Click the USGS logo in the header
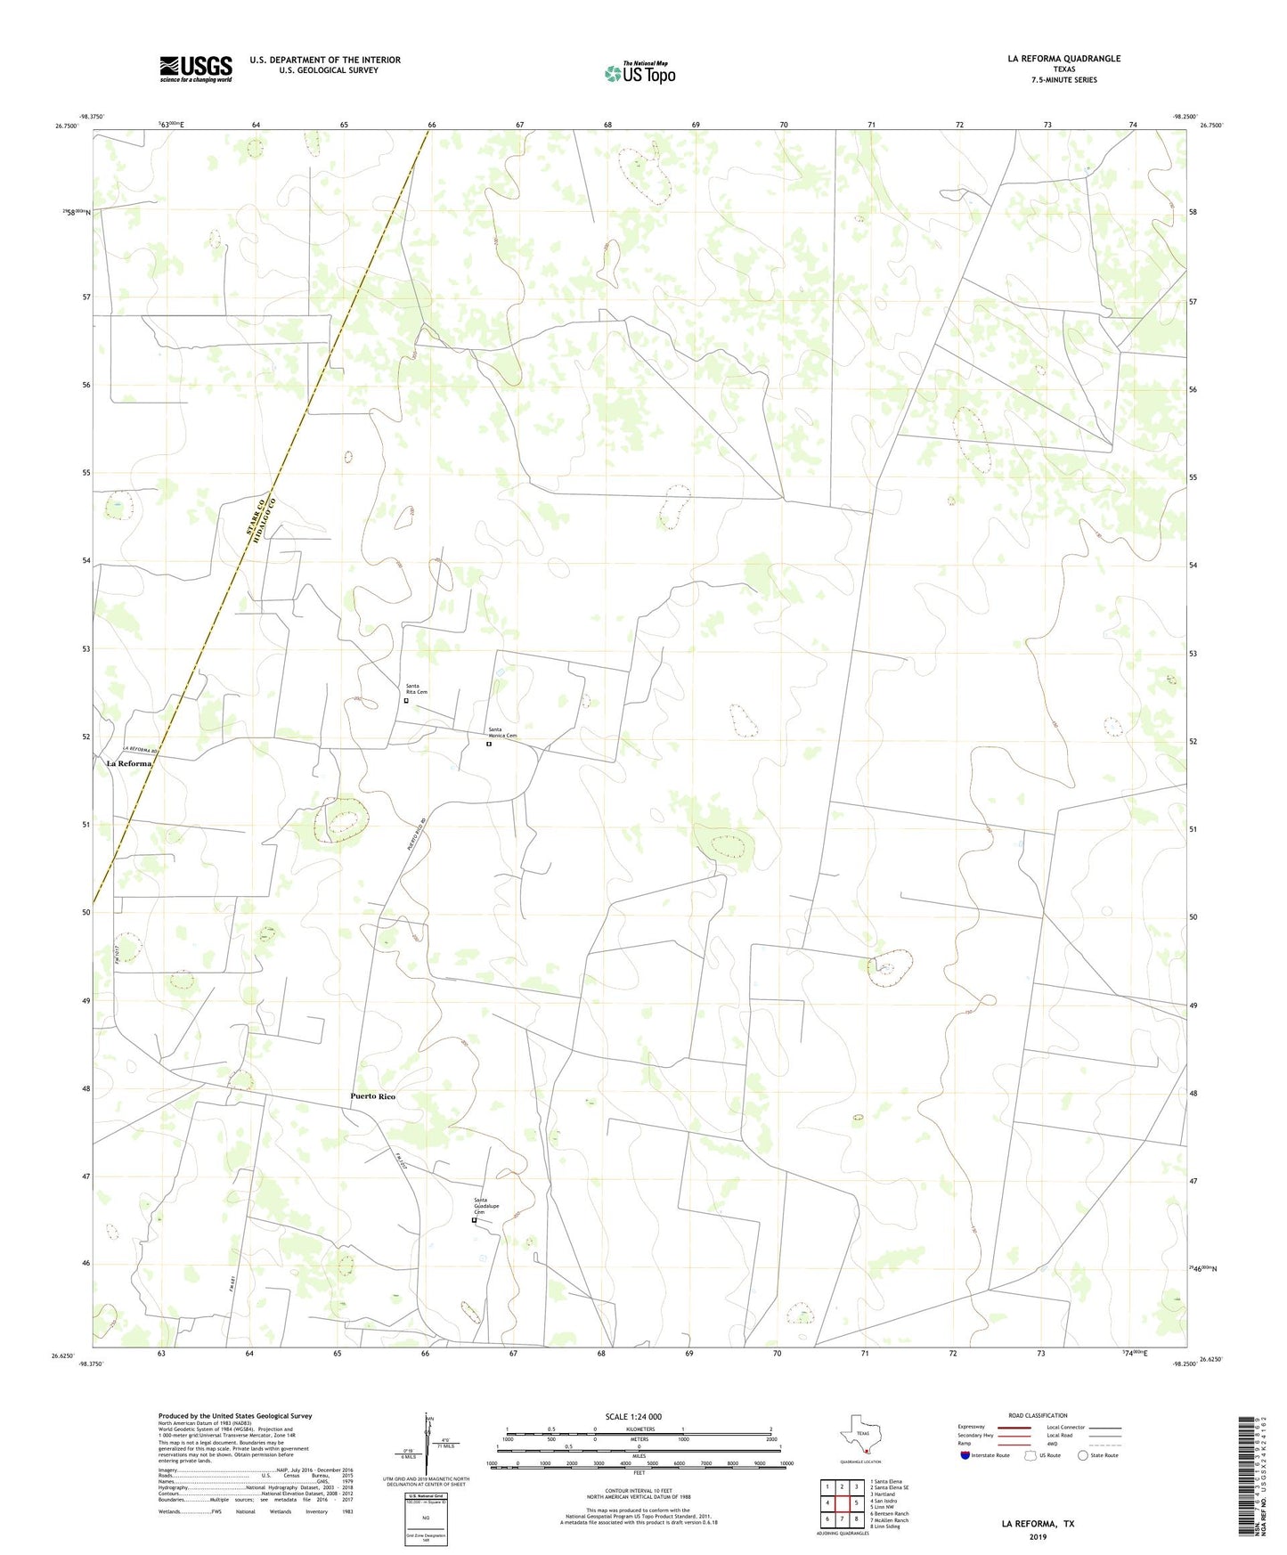click(x=196, y=69)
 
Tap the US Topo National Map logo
click(x=639, y=73)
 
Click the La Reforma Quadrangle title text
click(x=1063, y=59)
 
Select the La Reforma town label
click(x=129, y=763)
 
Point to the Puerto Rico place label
click(x=372, y=1096)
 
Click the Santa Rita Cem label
click(x=417, y=688)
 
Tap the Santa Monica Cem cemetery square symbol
click(x=489, y=745)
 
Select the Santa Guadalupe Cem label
click(x=485, y=1207)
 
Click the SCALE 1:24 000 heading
click(x=633, y=1416)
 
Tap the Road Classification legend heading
click(x=1038, y=1415)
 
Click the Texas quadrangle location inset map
click(x=860, y=1438)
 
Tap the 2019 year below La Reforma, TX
click(x=1038, y=1536)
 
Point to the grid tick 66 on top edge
click(x=432, y=125)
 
